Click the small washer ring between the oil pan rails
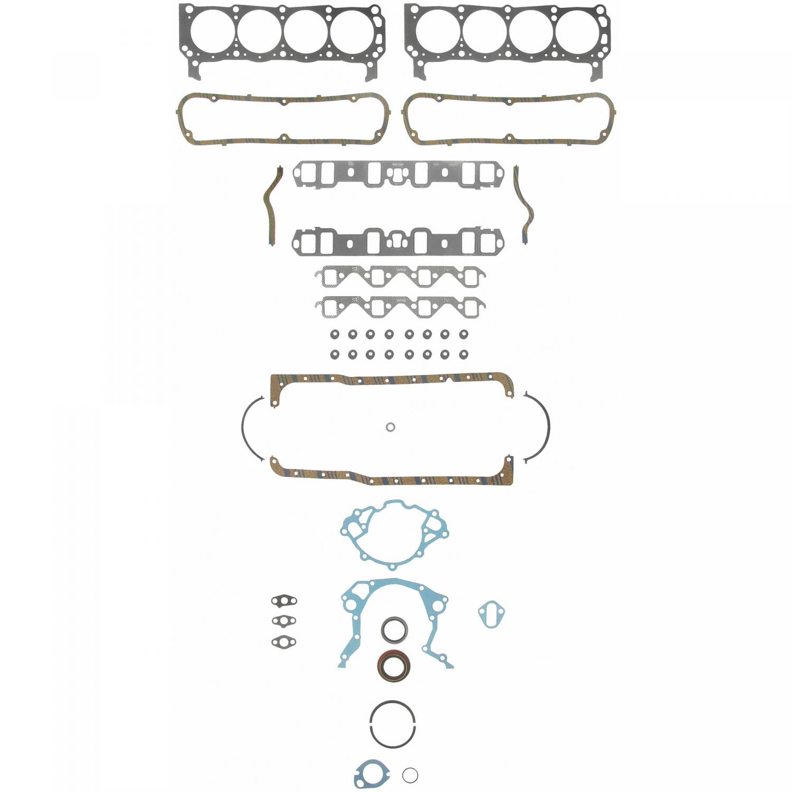tap(390, 427)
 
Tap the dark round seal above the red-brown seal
tap(394, 630)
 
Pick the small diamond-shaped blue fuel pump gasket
tap(492, 614)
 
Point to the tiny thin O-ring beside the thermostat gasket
tap(410, 775)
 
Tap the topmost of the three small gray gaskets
tap(284, 600)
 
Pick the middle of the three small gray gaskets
tap(284, 620)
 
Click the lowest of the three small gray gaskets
tap(284, 642)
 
